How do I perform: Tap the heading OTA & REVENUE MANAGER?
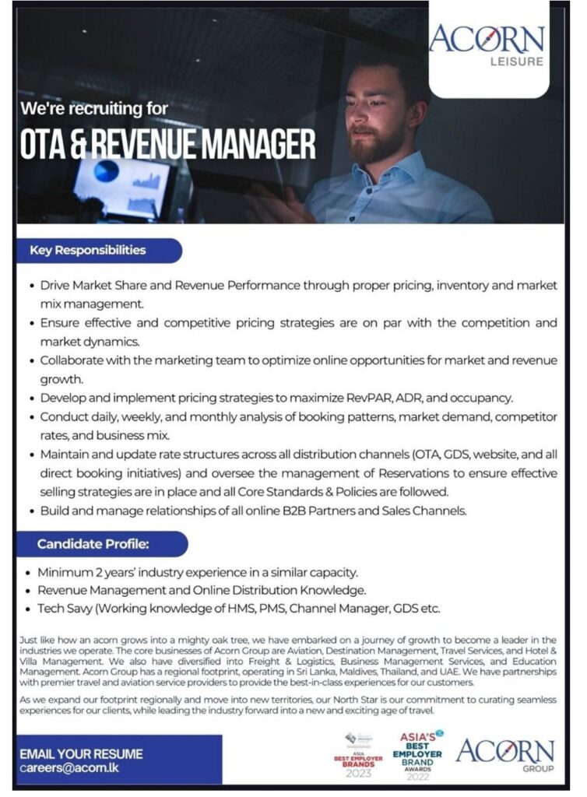point(167,144)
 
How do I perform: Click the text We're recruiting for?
point(94,108)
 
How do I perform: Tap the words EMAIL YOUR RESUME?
point(81,753)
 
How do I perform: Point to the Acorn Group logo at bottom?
point(505,755)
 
